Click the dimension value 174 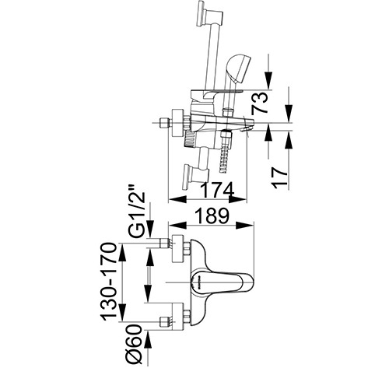[218, 190]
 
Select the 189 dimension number [212, 216]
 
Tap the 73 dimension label [259, 103]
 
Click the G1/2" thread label [136, 211]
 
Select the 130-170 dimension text [109, 282]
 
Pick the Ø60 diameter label [134, 345]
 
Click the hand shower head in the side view [238, 68]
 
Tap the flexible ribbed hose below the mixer [225, 152]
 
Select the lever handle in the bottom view [222, 282]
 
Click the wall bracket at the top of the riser [210, 13]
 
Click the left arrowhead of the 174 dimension [177, 199]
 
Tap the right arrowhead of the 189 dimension [244, 226]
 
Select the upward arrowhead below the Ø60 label [148, 341]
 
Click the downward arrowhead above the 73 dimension [268, 80]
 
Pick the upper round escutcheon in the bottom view [178, 248]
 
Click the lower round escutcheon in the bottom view [178, 317]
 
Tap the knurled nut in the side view [190, 139]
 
